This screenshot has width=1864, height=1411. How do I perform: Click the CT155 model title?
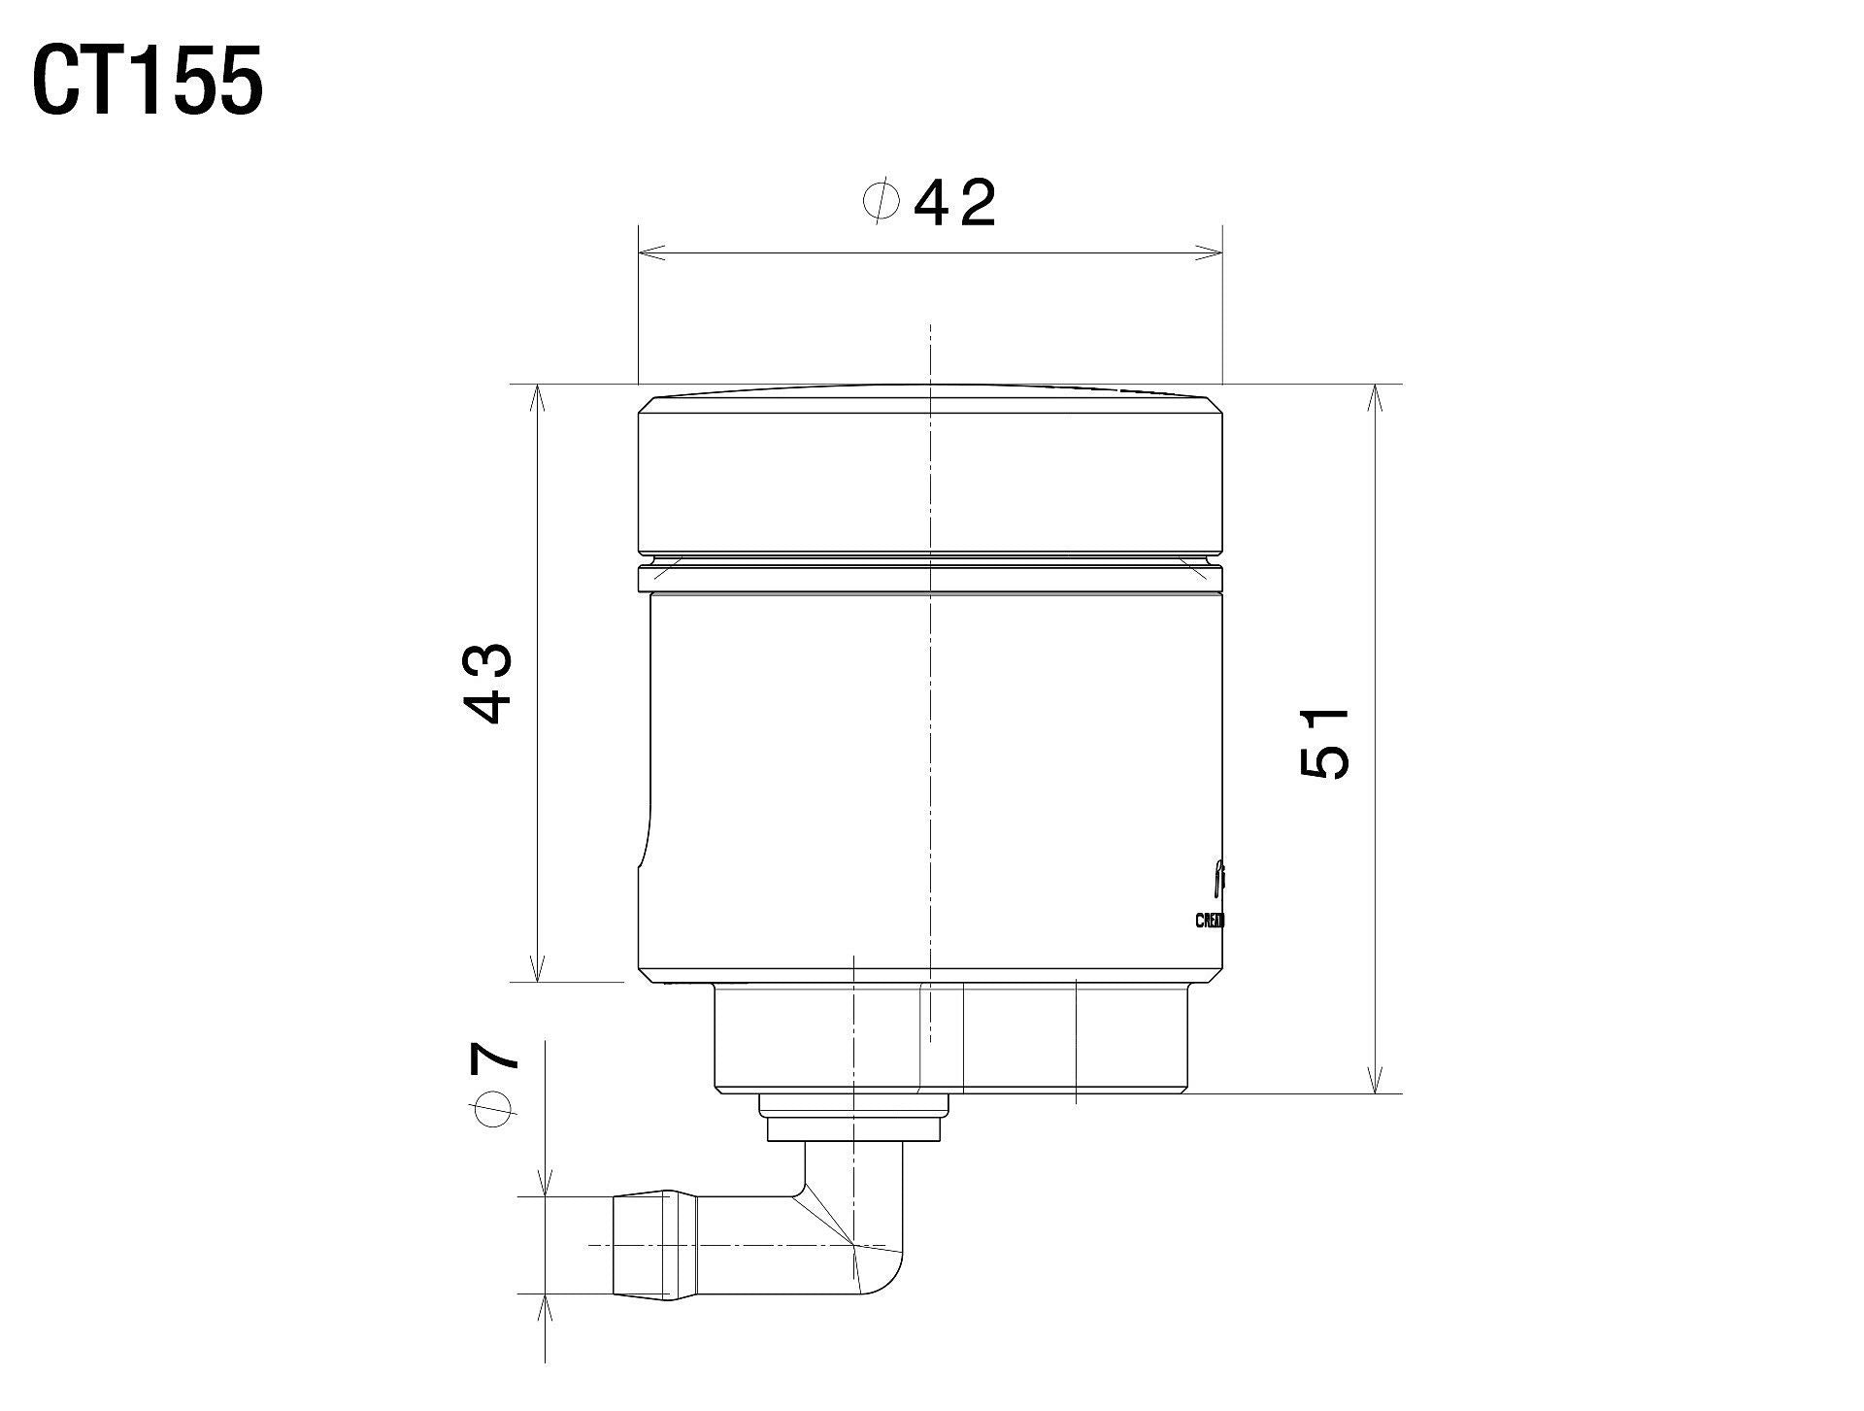tap(148, 83)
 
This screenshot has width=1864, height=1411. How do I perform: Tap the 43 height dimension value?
tap(489, 683)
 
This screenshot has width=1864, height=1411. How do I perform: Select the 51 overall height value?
tap(1324, 743)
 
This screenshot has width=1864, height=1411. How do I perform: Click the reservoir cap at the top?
tap(929, 476)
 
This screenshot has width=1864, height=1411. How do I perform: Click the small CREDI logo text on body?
tap(1210, 920)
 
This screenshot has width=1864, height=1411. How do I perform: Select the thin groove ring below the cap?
tap(929, 579)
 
